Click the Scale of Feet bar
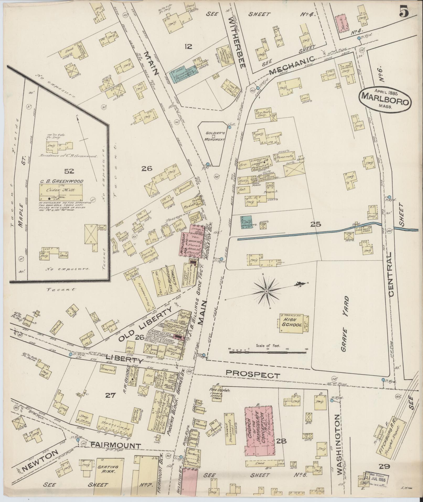coord(267,352)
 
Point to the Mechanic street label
coord(291,65)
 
